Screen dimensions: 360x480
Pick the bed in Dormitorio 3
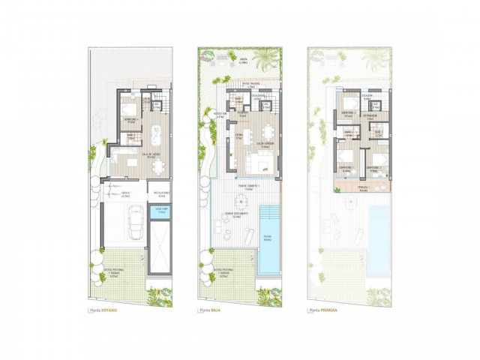[349, 106]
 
